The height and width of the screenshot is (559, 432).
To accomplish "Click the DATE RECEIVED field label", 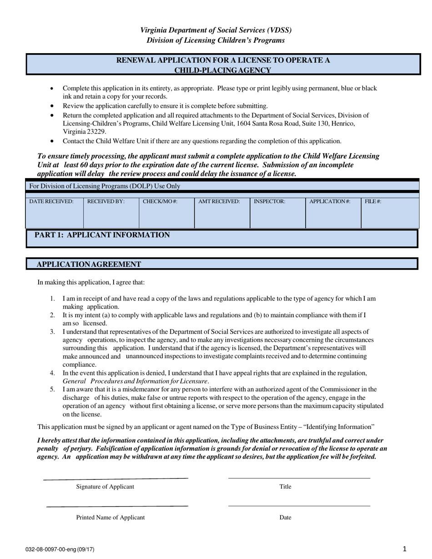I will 51,201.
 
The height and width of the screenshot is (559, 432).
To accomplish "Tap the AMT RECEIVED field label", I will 219,201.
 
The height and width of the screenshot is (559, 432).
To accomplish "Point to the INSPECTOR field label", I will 270,201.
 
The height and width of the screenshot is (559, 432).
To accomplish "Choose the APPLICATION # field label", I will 330,201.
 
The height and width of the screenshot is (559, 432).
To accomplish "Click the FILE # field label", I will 373,201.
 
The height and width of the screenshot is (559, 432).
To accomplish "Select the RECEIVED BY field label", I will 106,201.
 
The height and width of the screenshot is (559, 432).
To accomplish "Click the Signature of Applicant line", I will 116,479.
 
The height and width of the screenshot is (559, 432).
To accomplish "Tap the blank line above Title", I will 299,478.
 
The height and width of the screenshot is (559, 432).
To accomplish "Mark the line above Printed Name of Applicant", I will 117,506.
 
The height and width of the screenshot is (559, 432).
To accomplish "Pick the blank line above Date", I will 299,506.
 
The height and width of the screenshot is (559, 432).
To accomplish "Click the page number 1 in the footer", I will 405,549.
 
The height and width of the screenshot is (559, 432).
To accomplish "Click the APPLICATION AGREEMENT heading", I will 89,265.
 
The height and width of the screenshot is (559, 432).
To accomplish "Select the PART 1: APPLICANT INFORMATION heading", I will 102,235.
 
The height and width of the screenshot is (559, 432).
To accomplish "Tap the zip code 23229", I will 96,132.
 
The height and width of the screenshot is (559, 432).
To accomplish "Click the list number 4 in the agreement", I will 52,373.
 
